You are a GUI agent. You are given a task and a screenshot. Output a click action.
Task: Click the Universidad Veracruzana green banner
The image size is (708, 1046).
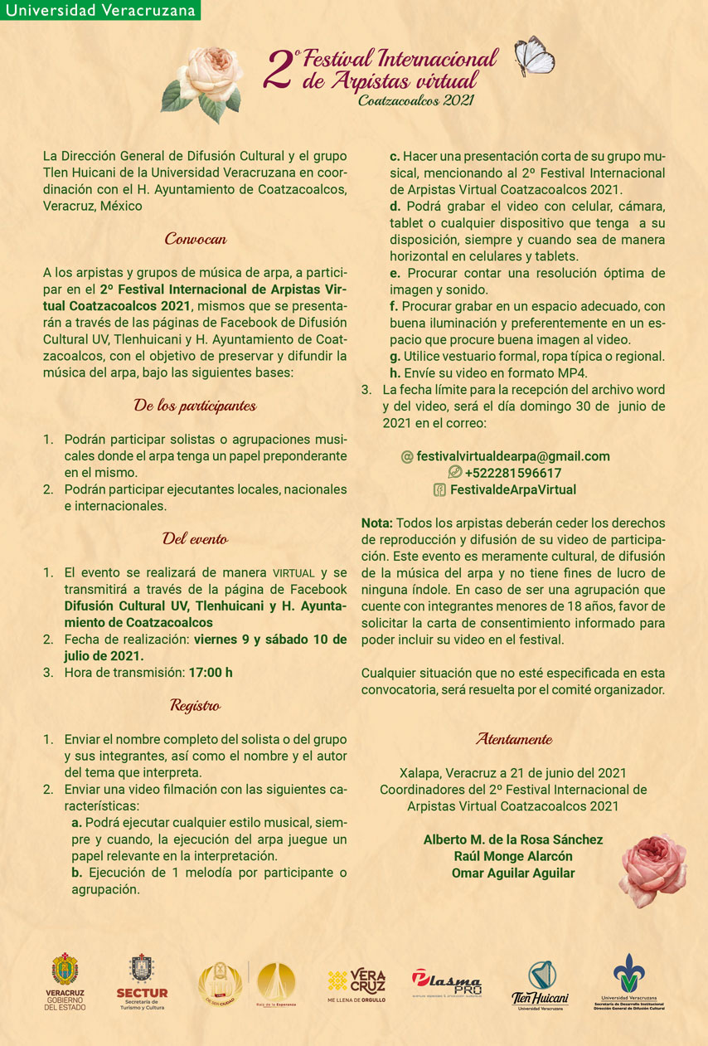pos(100,10)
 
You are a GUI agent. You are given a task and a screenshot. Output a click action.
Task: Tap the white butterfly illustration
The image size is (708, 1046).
pos(534,57)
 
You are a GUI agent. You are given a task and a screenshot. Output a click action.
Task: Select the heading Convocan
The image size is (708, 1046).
pos(196,239)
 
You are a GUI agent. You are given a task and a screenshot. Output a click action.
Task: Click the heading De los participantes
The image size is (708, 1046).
pos(196,406)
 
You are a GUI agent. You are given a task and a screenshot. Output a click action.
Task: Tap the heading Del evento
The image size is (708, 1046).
pos(196,539)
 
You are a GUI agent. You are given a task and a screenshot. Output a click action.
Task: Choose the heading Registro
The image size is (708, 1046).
pos(196,706)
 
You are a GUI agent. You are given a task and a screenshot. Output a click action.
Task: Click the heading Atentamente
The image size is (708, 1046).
pos(513,738)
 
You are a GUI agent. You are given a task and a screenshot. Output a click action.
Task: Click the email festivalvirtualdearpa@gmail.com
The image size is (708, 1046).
pos(512,456)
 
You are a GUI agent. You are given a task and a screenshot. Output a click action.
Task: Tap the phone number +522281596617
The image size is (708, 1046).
pos(512,473)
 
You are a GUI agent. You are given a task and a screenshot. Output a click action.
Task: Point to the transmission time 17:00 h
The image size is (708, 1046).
pos(211,672)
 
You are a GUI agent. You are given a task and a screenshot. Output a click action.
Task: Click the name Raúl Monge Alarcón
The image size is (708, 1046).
pos(513,856)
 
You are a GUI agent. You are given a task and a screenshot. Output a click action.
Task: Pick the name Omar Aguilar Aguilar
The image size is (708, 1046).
pos(513,873)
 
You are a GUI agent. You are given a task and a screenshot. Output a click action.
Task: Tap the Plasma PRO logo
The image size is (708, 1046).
pos(446,983)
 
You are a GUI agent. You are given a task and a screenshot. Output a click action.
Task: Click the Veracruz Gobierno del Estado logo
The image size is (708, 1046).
pos(65,982)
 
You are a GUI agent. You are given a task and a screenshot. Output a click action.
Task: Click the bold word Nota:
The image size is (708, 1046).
pos(377,523)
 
